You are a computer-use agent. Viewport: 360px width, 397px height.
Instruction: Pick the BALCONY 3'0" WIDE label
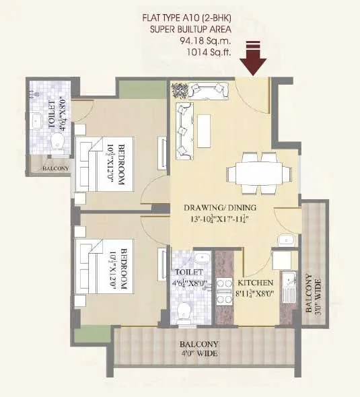pos(312,294)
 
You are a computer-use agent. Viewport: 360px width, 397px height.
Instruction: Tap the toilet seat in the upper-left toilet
pos(58,143)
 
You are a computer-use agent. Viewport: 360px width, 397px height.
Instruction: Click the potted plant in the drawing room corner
pos(179,88)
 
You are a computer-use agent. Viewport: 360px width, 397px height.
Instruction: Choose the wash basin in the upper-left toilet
pos(36,122)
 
